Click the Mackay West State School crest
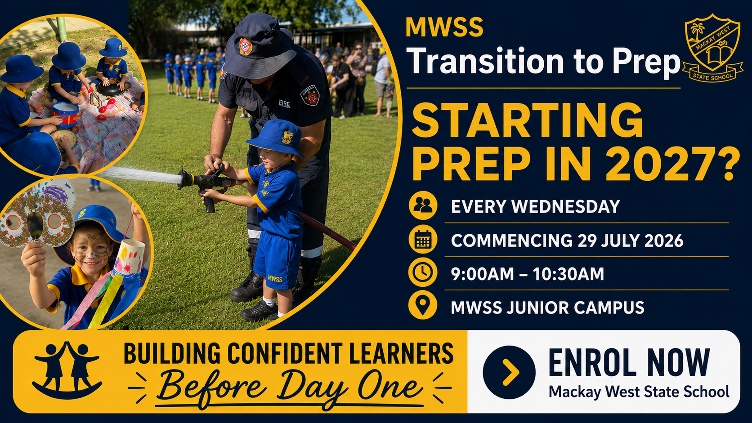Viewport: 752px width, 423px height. click(712, 48)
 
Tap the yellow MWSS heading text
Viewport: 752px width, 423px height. click(444, 27)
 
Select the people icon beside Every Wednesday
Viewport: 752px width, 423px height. click(423, 205)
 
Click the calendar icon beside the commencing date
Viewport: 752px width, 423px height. click(423, 240)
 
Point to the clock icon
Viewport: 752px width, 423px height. click(423, 272)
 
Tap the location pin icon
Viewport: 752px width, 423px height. click(423, 305)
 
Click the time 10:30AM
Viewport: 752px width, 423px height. click(568, 274)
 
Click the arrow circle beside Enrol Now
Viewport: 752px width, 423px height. click(509, 372)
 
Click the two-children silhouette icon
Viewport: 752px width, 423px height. click(67, 370)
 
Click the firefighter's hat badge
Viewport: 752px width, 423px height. click(246, 47)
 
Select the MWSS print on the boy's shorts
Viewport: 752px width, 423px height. click(275, 278)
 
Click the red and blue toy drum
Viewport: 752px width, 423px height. click(66, 114)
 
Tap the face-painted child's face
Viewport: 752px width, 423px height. click(91, 246)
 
